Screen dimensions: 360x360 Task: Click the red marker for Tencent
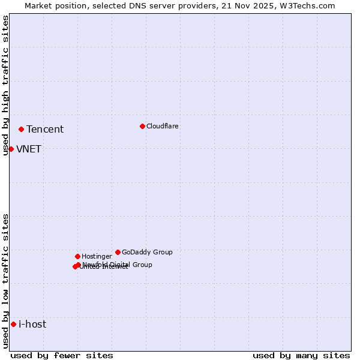pos(21,129)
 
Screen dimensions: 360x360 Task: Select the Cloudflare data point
pos(142,126)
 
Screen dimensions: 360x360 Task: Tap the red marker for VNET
pos(11,149)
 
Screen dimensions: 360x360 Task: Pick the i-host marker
pos(13,325)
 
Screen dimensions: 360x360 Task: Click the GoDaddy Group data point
pos(118,252)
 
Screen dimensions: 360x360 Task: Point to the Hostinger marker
pos(77,256)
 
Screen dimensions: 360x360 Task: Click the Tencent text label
pos(45,130)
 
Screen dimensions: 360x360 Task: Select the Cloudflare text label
pos(162,126)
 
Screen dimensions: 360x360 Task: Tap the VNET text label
pos(29,149)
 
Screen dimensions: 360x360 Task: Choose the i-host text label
pos(32,325)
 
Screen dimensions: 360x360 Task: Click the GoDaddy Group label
pos(147,252)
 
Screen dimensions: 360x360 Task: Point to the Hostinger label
pos(97,256)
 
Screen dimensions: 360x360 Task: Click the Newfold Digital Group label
pos(118,264)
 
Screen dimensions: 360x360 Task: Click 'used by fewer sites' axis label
pos(62,355)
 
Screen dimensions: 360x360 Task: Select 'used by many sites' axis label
pos(301,355)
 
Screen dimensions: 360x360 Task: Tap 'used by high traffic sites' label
pos(5,85)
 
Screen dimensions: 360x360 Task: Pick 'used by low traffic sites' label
pos(5,281)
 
